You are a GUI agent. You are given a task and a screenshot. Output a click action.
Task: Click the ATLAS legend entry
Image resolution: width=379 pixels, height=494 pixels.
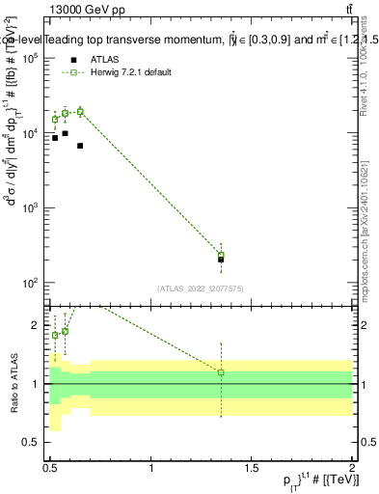pyautogui.click(x=108, y=59)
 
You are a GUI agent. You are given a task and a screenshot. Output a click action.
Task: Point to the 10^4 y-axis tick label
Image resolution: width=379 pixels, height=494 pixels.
pyautogui.click(x=32, y=133)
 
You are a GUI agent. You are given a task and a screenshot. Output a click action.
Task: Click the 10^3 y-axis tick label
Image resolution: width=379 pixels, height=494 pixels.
pyautogui.click(x=32, y=208)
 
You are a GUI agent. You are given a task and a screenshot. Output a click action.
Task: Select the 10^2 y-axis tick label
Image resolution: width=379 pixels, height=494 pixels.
pyautogui.click(x=32, y=283)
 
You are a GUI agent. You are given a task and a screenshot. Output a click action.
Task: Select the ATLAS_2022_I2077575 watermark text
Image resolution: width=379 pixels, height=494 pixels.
pyautogui.click(x=200, y=288)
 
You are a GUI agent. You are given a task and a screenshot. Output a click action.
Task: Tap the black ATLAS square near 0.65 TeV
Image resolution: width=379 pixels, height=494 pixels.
pyautogui.click(x=80, y=146)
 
